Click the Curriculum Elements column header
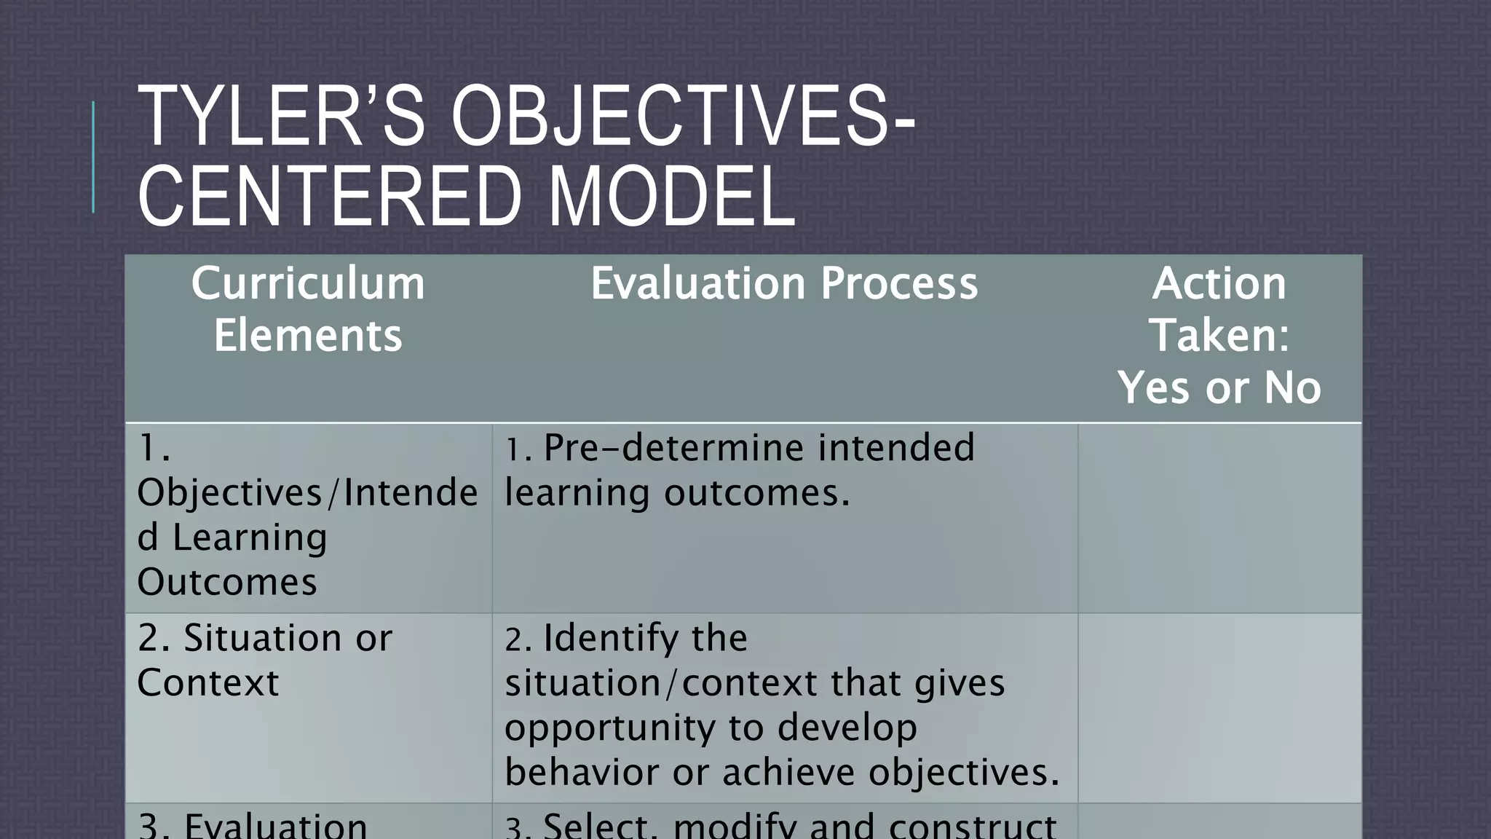(x=308, y=309)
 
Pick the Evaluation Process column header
(x=784, y=283)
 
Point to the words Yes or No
(x=1219, y=387)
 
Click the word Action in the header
(x=1219, y=283)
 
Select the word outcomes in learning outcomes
(x=756, y=493)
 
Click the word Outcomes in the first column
(x=227, y=583)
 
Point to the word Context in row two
(x=208, y=683)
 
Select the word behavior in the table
(x=581, y=773)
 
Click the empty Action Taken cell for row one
(x=1219, y=518)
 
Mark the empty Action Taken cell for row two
(x=1219, y=708)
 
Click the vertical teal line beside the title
(x=93, y=157)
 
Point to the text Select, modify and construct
(x=799, y=826)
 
